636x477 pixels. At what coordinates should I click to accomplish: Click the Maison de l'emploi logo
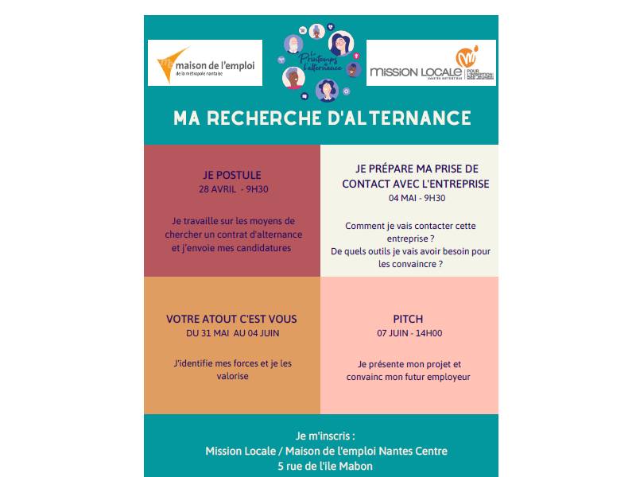click(205, 63)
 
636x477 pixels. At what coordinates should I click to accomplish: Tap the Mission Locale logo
click(432, 64)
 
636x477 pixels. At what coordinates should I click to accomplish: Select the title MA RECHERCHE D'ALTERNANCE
click(322, 118)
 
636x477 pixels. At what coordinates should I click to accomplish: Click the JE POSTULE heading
click(232, 175)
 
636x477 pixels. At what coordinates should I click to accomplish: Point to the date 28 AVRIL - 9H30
click(232, 189)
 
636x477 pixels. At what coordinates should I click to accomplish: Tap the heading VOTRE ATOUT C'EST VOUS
click(231, 319)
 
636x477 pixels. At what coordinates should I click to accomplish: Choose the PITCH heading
click(409, 319)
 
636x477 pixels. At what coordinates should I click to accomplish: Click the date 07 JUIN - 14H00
click(409, 333)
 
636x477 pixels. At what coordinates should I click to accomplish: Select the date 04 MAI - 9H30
click(409, 198)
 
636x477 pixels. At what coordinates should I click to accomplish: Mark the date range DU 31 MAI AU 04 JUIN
click(232, 333)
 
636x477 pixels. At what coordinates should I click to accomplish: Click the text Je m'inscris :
click(321, 436)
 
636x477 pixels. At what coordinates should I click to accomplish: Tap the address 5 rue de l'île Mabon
click(321, 466)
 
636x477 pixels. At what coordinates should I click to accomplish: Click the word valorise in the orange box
click(232, 376)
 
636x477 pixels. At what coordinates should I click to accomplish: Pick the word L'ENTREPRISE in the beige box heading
click(457, 184)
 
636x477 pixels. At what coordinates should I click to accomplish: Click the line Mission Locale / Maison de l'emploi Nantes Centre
click(326, 451)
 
